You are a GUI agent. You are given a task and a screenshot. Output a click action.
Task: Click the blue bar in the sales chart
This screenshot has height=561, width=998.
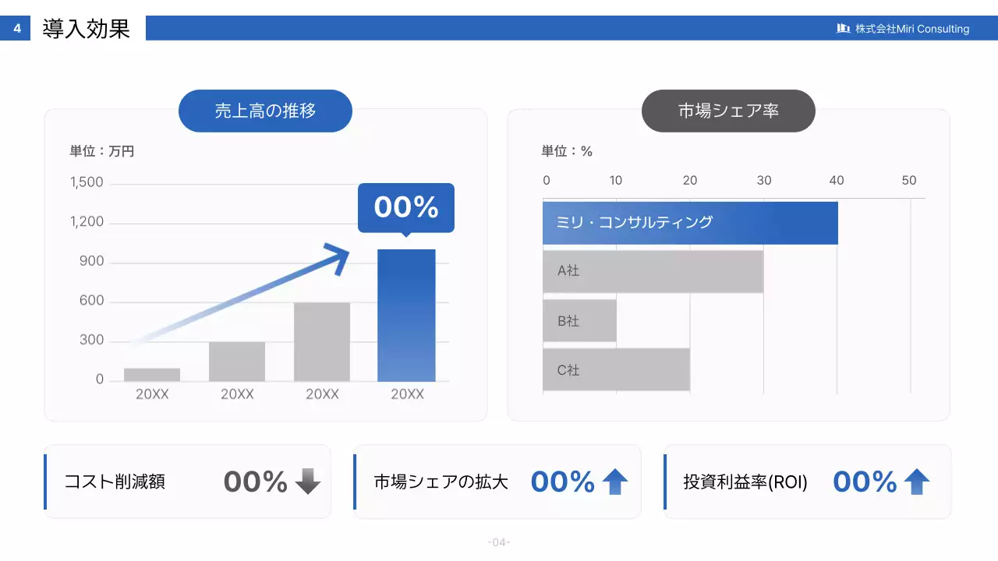[406, 316]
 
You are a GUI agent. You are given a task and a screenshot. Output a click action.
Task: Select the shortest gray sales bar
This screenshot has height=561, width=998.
[152, 375]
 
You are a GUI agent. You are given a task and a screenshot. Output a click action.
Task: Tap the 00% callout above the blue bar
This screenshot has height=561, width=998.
[405, 207]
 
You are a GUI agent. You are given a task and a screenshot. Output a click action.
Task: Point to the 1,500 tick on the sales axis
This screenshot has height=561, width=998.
[87, 183]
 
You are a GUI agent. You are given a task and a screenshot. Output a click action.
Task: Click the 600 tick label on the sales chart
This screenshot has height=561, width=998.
[91, 301]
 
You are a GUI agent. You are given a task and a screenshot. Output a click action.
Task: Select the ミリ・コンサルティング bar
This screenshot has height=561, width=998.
[690, 223]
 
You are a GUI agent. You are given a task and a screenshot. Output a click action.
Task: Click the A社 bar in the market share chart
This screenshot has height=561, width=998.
[653, 271]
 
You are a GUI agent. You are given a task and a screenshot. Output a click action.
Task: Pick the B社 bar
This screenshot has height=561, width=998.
[579, 320]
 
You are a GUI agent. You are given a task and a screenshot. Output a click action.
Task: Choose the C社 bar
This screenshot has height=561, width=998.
[616, 369]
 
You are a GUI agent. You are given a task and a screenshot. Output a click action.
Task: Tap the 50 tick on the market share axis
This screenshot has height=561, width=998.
[909, 181]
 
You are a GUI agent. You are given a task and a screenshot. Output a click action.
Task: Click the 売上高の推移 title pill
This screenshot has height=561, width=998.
[266, 111]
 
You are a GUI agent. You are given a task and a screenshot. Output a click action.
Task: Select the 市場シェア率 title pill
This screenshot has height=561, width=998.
[728, 111]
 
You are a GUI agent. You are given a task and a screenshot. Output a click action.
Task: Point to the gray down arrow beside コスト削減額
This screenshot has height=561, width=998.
[308, 482]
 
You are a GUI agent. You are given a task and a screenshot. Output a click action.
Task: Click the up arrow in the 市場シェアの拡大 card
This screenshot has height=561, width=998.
[615, 482]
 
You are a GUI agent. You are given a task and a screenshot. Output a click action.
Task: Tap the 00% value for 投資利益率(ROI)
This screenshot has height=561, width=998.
[865, 482]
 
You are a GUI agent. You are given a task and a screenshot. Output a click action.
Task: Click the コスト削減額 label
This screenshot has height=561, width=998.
[115, 482]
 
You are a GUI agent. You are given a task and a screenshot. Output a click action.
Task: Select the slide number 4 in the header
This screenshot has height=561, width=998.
[17, 30]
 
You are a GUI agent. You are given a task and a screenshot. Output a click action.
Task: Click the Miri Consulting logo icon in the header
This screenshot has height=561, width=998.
[843, 29]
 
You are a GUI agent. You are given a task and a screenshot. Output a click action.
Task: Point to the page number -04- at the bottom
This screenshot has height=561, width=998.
[499, 542]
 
